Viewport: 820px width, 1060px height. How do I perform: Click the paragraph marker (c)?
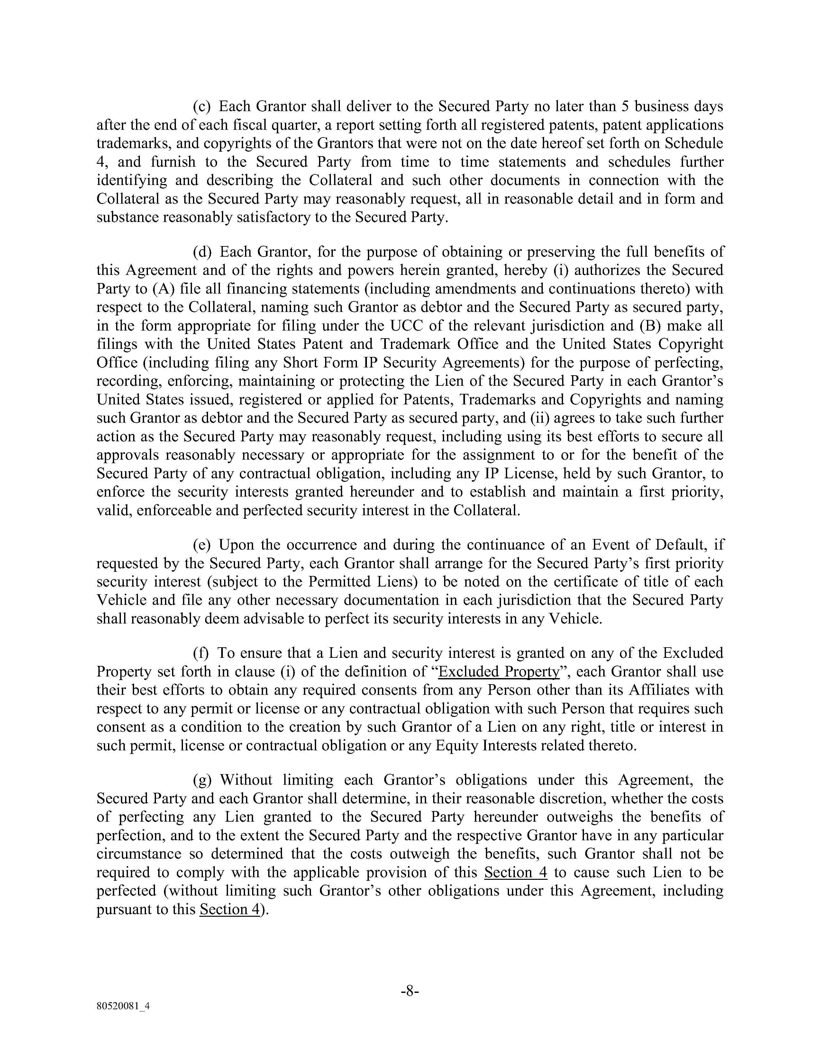[202, 106]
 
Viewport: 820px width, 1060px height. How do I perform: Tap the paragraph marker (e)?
[202, 545]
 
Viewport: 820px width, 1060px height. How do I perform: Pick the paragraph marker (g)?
[203, 780]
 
